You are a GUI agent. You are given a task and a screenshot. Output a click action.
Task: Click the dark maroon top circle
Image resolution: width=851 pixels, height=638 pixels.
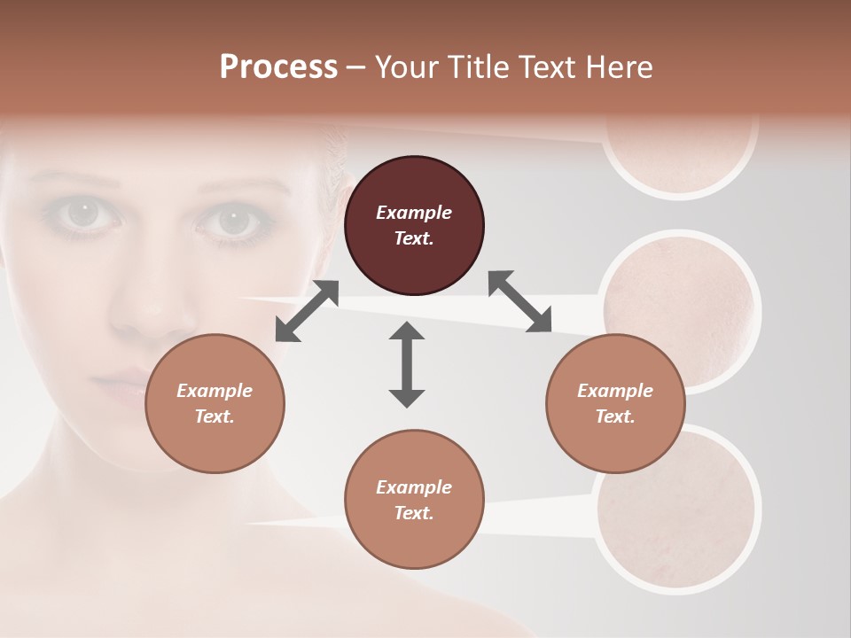click(x=414, y=226)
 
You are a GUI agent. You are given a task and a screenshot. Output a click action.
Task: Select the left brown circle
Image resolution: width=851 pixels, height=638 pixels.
click(x=215, y=403)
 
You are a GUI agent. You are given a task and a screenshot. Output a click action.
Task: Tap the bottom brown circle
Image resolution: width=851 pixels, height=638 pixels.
click(x=414, y=500)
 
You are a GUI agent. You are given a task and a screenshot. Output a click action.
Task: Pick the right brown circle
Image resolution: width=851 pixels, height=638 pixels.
click(x=615, y=403)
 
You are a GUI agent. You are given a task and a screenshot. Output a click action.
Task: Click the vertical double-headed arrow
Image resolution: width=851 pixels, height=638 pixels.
click(x=407, y=364)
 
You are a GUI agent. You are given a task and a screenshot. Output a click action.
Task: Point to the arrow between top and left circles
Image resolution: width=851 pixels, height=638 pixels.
click(x=307, y=311)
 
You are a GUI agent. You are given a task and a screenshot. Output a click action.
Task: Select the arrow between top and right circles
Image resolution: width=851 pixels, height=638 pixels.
click(x=519, y=301)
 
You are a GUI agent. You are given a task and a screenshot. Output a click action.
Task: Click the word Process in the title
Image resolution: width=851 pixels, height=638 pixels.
click(x=278, y=67)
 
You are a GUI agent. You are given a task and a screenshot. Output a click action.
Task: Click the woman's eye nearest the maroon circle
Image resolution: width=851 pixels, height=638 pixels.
click(x=234, y=220)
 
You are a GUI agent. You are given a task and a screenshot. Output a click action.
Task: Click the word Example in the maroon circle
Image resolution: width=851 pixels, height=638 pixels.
click(x=414, y=213)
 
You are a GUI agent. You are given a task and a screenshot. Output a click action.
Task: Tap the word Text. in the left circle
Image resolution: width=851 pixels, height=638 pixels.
click(x=215, y=416)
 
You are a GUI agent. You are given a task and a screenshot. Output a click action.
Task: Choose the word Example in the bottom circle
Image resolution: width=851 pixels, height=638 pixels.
click(x=414, y=487)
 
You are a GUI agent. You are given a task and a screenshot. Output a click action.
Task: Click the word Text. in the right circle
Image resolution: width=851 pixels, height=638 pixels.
click(x=615, y=416)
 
